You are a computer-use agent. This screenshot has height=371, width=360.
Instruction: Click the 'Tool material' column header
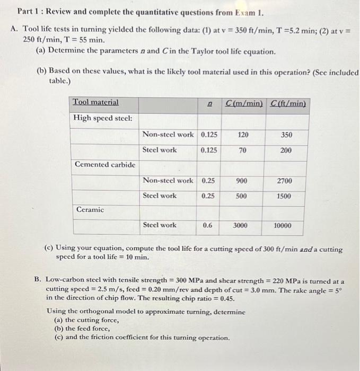coord(95,102)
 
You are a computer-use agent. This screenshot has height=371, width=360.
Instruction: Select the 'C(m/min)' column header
coord(244,102)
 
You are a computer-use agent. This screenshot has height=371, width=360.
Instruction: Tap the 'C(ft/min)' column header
coord(288,102)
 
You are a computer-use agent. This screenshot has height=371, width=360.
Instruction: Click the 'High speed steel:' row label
coord(102,118)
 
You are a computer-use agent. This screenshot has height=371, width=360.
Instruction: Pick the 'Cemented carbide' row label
coord(105,164)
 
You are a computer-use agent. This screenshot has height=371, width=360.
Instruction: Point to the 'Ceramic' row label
coord(90,210)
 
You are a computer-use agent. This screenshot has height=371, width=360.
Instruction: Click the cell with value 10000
coord(282,225)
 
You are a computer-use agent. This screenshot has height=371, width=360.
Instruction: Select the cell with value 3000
coord(240,225)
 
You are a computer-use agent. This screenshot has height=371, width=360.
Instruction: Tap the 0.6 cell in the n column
coord(208,225)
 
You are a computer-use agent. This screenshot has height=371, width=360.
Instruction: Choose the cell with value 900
coord(241,181)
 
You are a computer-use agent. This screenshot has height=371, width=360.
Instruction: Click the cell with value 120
coord(242,135)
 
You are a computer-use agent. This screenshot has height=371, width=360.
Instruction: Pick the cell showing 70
coord(242,150)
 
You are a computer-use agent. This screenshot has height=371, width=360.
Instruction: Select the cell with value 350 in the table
coord(286,135)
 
